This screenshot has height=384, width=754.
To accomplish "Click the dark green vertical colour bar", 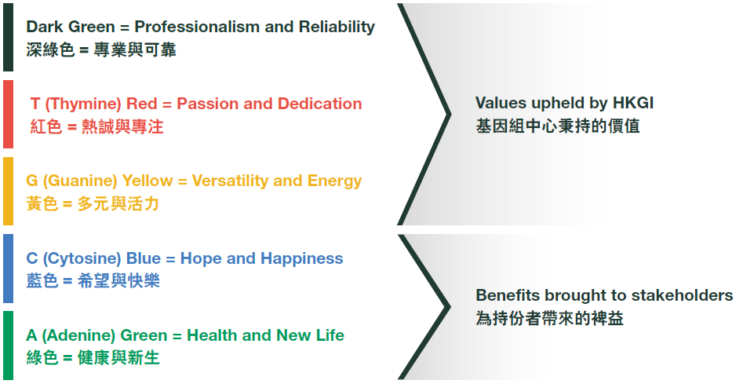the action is (x=8, y=38).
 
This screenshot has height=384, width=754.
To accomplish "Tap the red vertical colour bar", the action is (x=8, y=114).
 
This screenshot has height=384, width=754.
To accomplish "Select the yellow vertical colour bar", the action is (x=8, y=191).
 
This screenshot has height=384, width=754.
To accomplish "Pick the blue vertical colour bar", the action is (x=8, y=269).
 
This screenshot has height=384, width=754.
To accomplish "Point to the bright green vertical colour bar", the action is (x=8, y=346).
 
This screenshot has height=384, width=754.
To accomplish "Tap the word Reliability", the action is (x=337, y=27).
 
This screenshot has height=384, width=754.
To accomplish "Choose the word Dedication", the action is (x=320, y=104).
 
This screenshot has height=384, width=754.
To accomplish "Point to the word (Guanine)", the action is (x=80, y=181).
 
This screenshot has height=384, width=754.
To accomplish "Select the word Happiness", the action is (x=303, y=259).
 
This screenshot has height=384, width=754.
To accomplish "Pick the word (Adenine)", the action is (x=78, y=335).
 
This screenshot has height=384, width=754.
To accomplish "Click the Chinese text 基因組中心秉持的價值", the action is (x=558, y=126).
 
